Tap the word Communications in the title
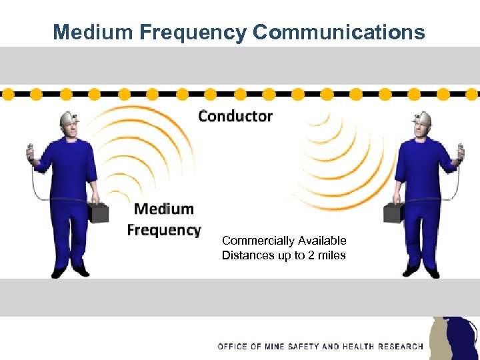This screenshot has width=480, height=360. click(x=339, y=32)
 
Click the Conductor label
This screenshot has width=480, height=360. click(x=235, y=116)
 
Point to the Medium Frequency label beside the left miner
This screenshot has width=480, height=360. click(x=164, y=219)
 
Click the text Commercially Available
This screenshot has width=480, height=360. click(x=284, y=241)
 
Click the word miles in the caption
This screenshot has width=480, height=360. click(x=331, y=255)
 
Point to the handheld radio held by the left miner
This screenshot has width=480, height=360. click(x=30, y=154)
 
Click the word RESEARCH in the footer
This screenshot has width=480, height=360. click(x=401, y=347)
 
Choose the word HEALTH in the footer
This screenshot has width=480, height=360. click(x=359, y=347)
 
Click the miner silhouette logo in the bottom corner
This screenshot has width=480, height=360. click(x=453, y=338)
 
